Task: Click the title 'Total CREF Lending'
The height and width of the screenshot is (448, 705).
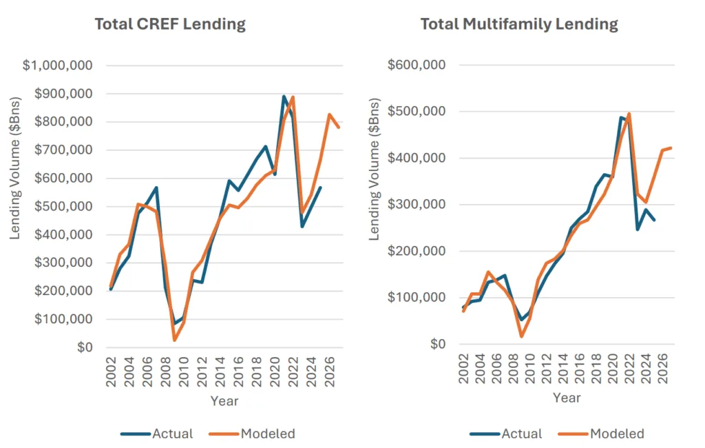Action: click(169, 24)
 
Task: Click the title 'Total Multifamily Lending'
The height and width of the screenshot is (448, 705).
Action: click(519, 24)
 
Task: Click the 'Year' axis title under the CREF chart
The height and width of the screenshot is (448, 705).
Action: click(224, 400)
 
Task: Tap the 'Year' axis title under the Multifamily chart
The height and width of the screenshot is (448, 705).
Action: click(567, 398)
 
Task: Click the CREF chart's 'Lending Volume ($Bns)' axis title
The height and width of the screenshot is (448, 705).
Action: click(15, 207)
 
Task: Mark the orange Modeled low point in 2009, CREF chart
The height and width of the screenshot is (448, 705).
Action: click(175, 340)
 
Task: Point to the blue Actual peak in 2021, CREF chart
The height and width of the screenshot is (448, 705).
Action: click(284, 96)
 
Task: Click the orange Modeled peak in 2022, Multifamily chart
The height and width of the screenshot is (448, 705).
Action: click(629, 114)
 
